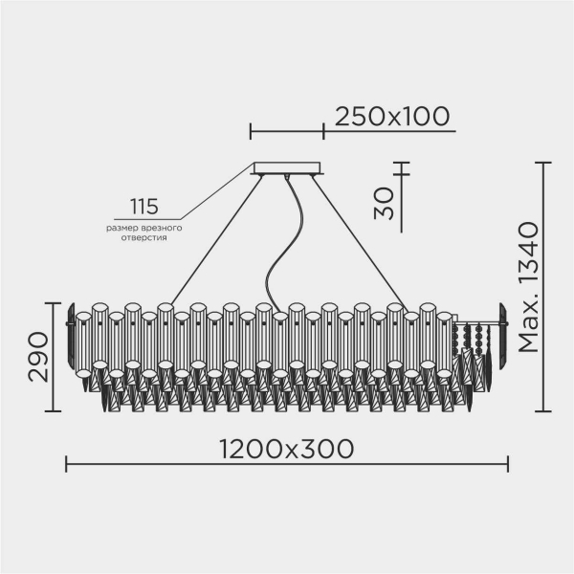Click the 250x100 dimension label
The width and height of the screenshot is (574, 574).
[x=391, y=117]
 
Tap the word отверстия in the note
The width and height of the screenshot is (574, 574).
[x=143, y=240]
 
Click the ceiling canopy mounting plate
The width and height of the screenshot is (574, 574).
[x=288, y=169]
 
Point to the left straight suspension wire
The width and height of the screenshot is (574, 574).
[x=215, y=238]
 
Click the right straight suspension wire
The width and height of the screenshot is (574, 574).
[x=364, y=238]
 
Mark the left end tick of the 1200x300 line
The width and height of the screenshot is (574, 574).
[x=66, y=465]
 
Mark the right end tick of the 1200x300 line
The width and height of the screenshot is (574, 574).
[x=508, y=465]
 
